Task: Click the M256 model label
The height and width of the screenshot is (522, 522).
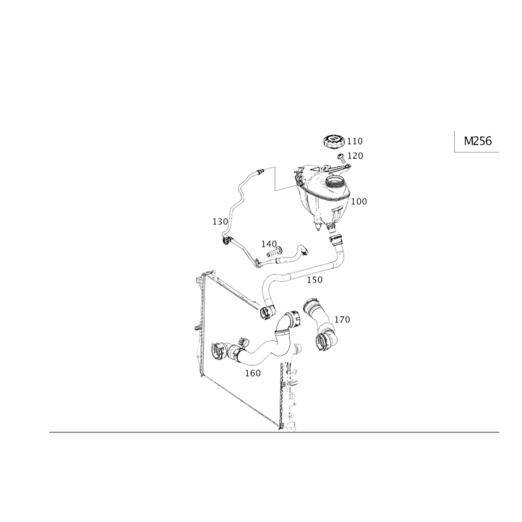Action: tap(478, 140)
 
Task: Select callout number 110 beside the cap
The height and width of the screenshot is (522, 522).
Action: tap(355, 141)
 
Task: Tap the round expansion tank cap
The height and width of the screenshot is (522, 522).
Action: tap(334, 141)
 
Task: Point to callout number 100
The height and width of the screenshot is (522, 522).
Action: tap(358, 202)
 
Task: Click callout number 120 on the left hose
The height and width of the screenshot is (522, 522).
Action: tap(219, 222)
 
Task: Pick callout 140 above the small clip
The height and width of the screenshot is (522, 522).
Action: tap(267, 243)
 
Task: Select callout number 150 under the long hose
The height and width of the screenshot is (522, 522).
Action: tap(315, 280)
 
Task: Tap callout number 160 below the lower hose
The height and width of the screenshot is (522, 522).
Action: tap(253, 373)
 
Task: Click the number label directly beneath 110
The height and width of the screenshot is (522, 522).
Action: tap(355, 155)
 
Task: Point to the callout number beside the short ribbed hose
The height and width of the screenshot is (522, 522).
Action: tap(343, 320)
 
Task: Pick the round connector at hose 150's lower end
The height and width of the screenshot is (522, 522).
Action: tap(266, 311)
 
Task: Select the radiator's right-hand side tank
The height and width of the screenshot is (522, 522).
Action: tap(287, 391)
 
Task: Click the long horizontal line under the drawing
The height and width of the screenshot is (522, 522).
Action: tap(274, 433)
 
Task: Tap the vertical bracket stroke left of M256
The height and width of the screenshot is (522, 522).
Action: tap(454, 141)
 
